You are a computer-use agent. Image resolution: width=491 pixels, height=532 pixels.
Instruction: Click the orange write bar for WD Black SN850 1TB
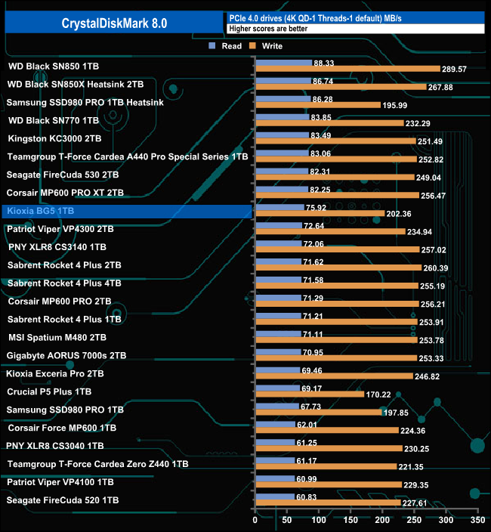[x=347, y=69]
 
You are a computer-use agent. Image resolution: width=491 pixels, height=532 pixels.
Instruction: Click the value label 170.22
[x=383, y=394]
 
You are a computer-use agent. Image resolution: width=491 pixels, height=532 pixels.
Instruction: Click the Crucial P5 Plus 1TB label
[x=49, y=392]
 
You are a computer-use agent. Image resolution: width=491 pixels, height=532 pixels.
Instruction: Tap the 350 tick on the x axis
[x=476, y=521]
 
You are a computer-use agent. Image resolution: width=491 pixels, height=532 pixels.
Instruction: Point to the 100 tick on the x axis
[x=318, y=521]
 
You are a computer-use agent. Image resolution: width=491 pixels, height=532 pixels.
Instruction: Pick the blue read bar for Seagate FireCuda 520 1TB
[x=276, y=496]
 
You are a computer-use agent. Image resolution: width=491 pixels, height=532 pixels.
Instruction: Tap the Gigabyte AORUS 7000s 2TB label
[x=66, y=356]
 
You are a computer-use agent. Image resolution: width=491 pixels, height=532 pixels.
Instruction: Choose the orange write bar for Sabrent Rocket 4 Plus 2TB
[x=338, y=268]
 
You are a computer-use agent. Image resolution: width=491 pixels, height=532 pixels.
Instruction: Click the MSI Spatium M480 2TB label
[x=57, y=338]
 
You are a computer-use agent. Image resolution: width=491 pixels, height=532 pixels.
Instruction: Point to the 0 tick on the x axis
[x=255, y=521]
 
